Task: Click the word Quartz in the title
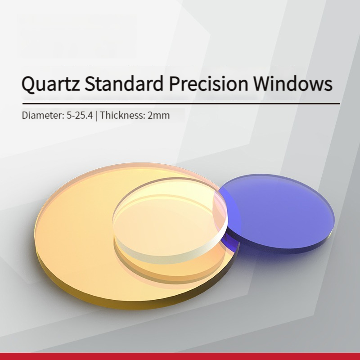click(50, 84)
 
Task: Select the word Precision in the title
click(208, 83)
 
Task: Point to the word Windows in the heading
click(293, 83)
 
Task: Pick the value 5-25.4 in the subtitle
click(80, 115)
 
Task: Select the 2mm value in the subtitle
click(159, 115)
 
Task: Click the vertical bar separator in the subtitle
click(96, 116)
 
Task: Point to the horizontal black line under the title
click(181, 104)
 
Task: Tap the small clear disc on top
click(170, 220)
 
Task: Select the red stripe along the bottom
click(180, 356)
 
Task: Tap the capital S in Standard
click(90, 83)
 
